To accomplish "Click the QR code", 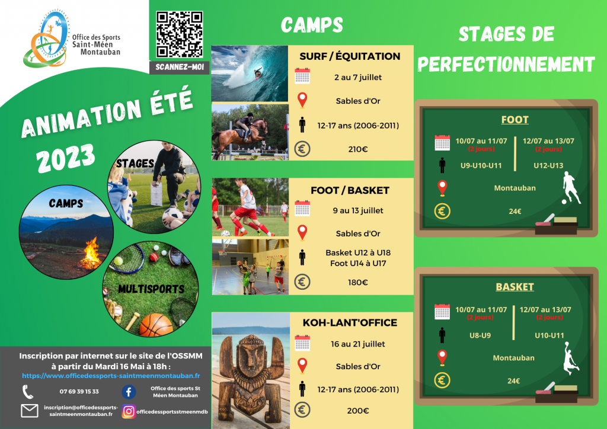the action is point(179,34).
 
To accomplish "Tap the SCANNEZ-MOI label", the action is point(180,68).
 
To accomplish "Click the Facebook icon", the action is point(129,392).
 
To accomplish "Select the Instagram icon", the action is point(129,412).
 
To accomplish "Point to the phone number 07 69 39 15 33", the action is point(79,392).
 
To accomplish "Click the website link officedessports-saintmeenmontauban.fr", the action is point(111,376).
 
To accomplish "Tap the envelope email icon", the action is point(30,411).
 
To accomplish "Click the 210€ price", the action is point(357,149).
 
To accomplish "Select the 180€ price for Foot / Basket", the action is point(357,283).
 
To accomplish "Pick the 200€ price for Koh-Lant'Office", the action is point(357,411).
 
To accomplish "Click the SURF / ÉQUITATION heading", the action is point(350,56).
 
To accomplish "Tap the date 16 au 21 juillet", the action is point(358,344).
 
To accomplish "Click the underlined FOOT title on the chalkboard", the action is point(515,120).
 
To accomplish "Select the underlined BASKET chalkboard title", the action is point(515,287).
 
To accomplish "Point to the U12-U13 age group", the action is point(548,165).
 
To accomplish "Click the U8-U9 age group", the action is point(480,335).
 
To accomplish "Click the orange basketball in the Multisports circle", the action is point(156,325).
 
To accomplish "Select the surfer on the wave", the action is point(257,73).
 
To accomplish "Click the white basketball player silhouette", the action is point(571,358).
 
